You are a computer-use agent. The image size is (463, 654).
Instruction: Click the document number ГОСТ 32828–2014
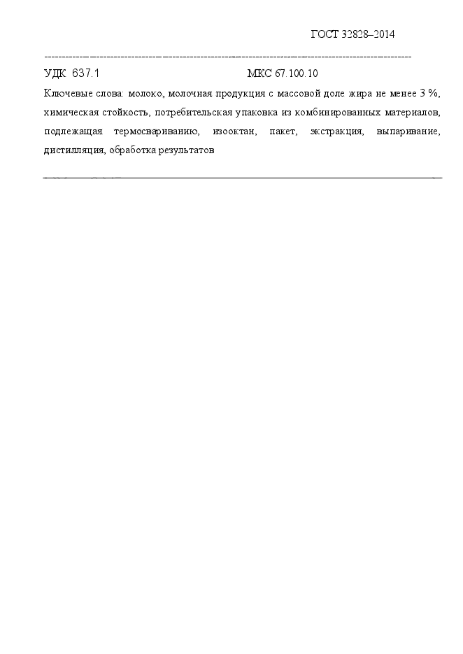pyautogui.click(x=352, y=34)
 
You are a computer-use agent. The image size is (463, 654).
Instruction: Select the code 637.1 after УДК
pyautogui.click(x=86, y=73)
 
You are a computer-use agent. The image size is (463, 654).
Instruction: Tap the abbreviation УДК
pyautogui.click(x=55, y=73)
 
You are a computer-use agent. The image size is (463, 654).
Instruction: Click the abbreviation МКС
pyautogui.click(x=260, y=73)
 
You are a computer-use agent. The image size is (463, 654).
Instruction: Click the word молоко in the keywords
pyautogui.click(x=145, y=93)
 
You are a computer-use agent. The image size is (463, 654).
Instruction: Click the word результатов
pyautogui.click(x=184, y=150)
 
